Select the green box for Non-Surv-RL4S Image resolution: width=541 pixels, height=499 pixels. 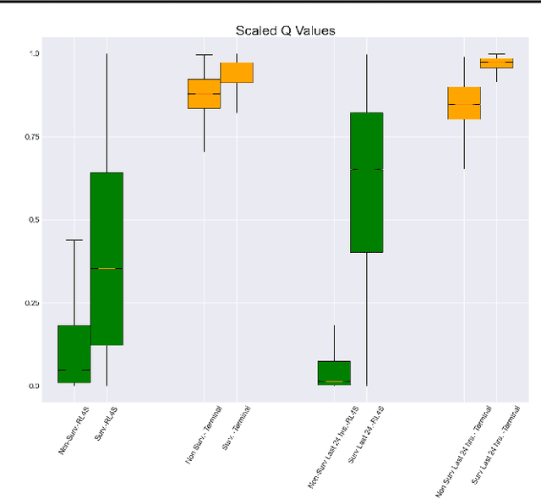click(x=74, y=354)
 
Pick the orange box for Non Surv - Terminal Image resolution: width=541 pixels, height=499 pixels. click(x=204, y=93)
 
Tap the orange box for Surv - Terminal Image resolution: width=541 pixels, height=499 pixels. click(x=237, y=73)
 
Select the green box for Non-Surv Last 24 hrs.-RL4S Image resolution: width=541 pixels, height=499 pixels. click(x=334, y=373)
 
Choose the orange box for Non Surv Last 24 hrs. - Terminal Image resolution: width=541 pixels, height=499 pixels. click(x=463, y=103)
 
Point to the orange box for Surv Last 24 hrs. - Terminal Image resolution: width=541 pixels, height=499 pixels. click(x=496, y=63)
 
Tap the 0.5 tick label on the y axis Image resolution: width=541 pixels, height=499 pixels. click(x=34, y=220)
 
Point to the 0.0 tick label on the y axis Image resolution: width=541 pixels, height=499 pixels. click(x=34, y=386)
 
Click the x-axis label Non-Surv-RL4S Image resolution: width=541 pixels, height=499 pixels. click(x=74, y=430)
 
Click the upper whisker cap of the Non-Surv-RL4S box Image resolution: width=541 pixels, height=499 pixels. click(x=74, y=240)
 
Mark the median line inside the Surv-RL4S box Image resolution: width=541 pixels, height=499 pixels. click(x=107, y=268)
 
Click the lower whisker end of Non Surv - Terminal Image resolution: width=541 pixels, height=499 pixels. click(x=204, y=151)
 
